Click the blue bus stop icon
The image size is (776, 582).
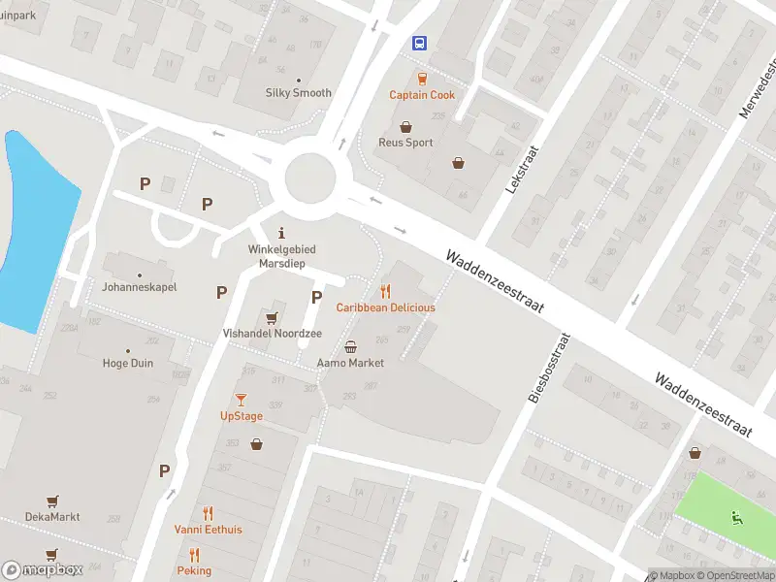420,43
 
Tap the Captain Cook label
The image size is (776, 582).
422,95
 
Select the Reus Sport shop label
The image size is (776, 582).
405,143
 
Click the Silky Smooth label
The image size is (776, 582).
299,93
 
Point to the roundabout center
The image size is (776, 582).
317,178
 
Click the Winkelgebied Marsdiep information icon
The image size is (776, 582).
281,233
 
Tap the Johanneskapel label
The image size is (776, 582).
140,287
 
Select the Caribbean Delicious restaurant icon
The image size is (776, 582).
385,291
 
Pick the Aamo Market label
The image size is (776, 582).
350,363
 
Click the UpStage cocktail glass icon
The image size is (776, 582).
241,400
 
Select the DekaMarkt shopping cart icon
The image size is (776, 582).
51,501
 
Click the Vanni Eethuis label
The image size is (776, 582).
208,530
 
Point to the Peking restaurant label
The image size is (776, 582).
194,570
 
